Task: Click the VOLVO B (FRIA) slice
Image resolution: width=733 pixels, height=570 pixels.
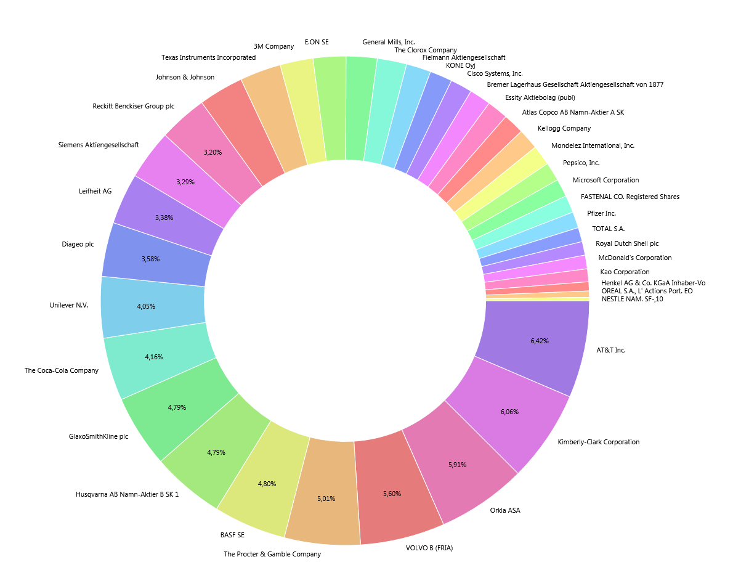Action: pos(397,493)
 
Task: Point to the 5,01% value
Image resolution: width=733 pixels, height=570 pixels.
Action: pos(326,499)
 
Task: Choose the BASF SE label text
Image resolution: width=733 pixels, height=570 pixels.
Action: pos(232,535)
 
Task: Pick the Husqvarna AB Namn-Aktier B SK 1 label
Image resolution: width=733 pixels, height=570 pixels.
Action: pos(127,494)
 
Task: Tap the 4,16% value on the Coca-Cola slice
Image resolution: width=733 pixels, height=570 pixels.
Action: pos(154,357)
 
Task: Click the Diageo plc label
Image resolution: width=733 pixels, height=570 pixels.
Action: pos(78,244)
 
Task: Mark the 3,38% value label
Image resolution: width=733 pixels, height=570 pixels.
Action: pos(164,218)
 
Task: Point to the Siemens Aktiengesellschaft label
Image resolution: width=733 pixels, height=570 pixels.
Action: pos(99,145)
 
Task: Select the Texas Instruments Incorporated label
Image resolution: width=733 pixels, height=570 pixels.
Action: pos(208,57)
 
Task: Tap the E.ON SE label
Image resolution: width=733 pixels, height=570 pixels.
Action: pos(317,42)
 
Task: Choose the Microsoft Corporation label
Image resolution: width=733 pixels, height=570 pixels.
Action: pos(605,180)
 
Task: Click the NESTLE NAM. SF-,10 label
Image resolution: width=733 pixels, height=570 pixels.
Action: pos(632,299)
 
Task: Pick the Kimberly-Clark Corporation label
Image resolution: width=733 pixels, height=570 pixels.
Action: pos(598,442)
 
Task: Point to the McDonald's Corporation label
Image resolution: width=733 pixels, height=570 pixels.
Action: pos(634,258)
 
